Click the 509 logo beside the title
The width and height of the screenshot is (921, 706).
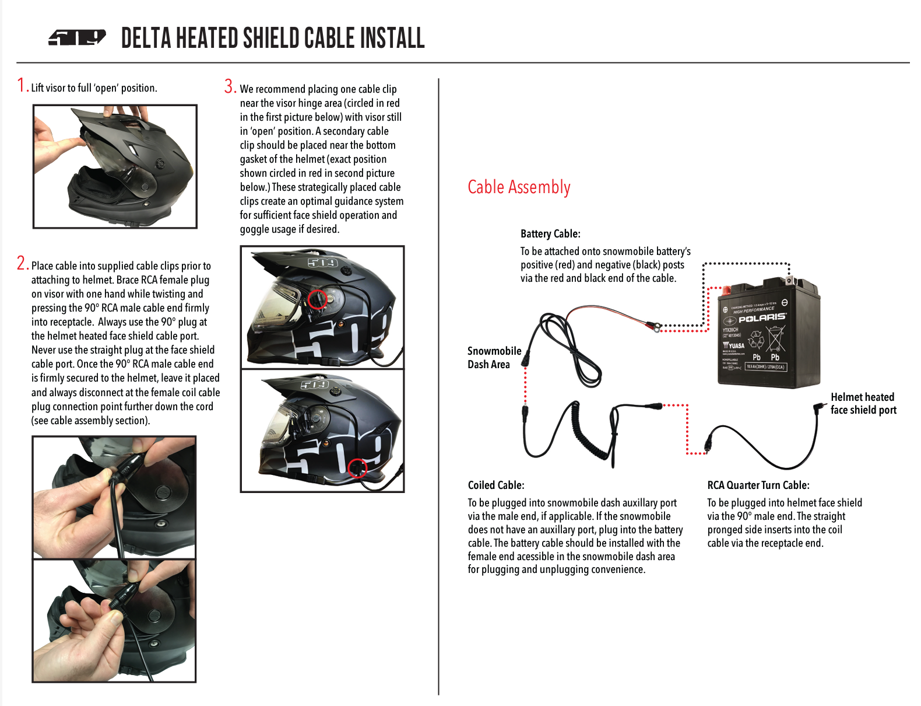pyautogui.click(x=77, y=38)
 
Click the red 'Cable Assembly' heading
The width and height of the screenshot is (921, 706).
pyautogui.click(x=519, y=187)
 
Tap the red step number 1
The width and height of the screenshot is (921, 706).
pyautogui.click(x=22, y=86)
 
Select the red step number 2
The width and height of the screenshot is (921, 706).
pyautogui.click(x=22, y=264)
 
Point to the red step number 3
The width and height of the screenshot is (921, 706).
pyautogui.click(x=230, y=87)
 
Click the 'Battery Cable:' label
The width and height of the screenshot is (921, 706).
pyautogui.click(x=550, y=234)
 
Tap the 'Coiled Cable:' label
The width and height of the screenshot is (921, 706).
pyautogui.click(x=496, y=485)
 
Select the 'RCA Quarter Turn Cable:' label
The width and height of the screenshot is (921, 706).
pyautogui.click(x=758, y=485)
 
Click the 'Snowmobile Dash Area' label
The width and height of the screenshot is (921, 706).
pyautogui.click(x=494, y=358)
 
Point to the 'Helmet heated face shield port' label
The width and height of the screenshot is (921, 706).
pyautogui.click(x=863, y=404)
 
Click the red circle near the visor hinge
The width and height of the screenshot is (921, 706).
pyautogui.click(x=317, y=299)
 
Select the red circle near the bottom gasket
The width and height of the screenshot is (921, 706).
pyautogui.click(x=357, y=468)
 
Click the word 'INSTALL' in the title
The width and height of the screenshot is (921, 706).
pyautogui.click(x=392, y=39)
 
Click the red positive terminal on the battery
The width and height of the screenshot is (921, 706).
pyautogui.click(x=726, y=291)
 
